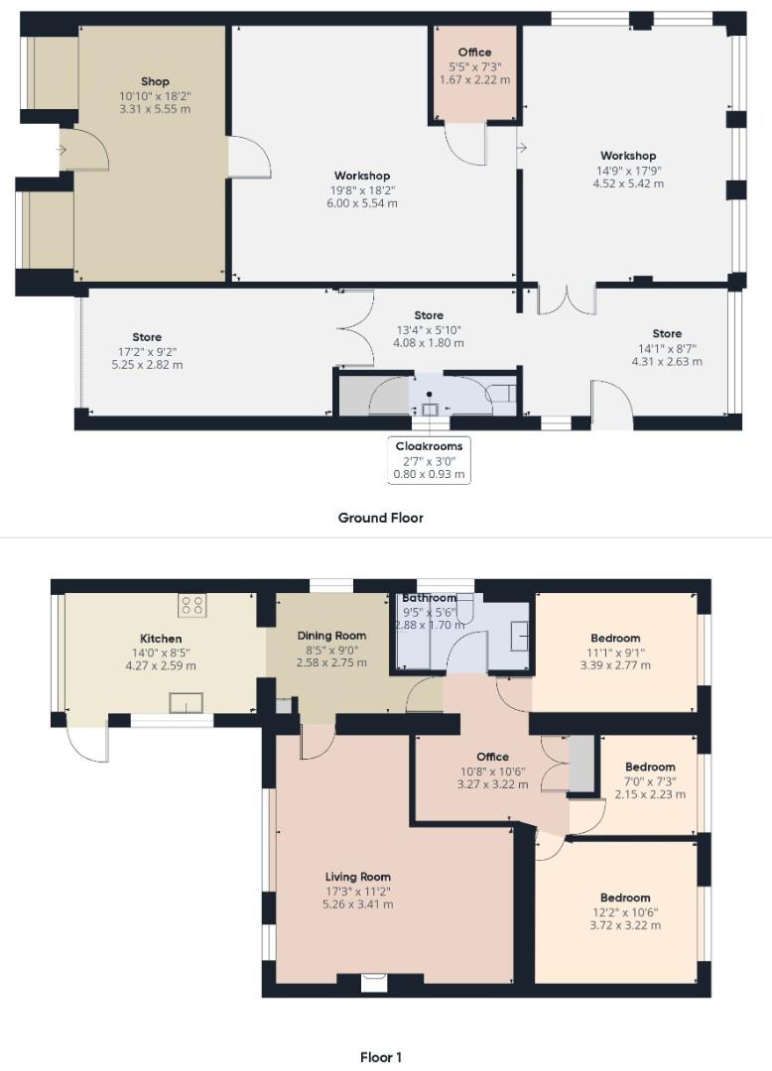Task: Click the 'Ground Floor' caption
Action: pyautogui.click(x=380, y=518)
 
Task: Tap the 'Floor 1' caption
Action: pyautogui.click(x=380, y=1057)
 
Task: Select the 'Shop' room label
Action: pyautogui.click(x=155, y=81)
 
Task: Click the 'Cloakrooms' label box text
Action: pyautogui.click(x=429, y=446)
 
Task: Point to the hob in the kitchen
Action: pyautogui.click(x=192, y=605)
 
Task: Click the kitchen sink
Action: pyautogui.click(x=186, y=703)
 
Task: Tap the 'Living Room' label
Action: pyautogui.click(x=358, y=877)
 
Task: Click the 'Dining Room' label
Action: pyautogui.click(x=332, y=636)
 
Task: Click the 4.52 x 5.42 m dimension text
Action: pyautogui.click(x=627, y=182)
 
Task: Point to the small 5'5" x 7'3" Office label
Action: pyautogui.click(x=474, y=53)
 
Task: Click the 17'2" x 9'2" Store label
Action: pyautogui.click(x=146, y=337)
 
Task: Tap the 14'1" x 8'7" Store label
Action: pyautogui.click(x=667, y=334)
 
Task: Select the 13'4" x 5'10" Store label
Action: pyautogui.click(x=429, y=316)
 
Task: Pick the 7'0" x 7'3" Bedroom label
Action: pyautogui.click(x=650, y=767)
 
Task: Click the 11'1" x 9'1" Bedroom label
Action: pyautogui.click(x=615, y=639)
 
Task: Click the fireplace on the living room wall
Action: pyautogui.click(x=373, y=982)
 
